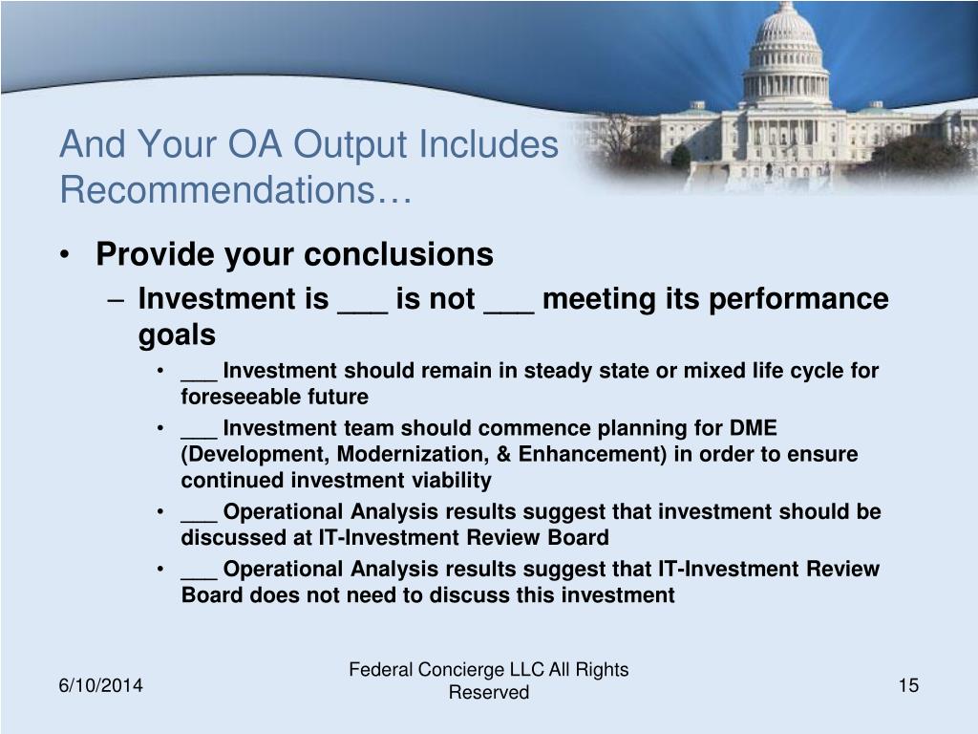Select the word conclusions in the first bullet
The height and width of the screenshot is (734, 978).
click(399, 254)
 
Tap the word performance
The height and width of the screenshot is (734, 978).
click(799, 299)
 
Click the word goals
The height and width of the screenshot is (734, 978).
click(177, 335)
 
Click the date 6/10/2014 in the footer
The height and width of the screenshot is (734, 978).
click(101, 685)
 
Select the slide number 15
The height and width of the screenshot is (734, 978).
click(909, 685)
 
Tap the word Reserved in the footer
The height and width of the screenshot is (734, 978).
click(489, 692)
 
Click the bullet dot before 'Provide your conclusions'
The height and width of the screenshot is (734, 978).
click(65, 254)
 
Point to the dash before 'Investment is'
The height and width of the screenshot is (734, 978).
click(116, 300)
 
